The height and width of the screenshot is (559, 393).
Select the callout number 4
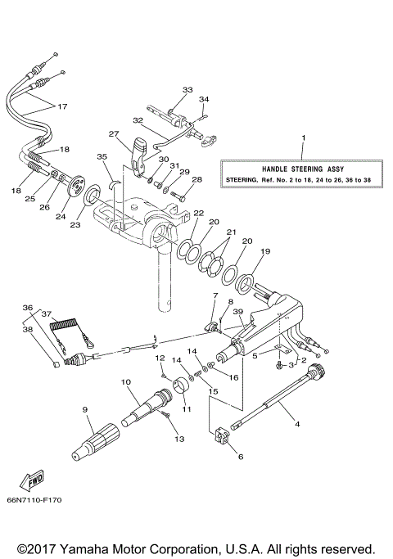click(x=296, y=424)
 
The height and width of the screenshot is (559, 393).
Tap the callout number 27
click(x=114, y=133)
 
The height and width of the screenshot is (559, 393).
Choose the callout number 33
click(x=187, y=89)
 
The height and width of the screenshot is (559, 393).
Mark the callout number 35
click(x=102, y=156)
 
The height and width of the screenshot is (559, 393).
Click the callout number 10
click(x=126, y=382)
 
